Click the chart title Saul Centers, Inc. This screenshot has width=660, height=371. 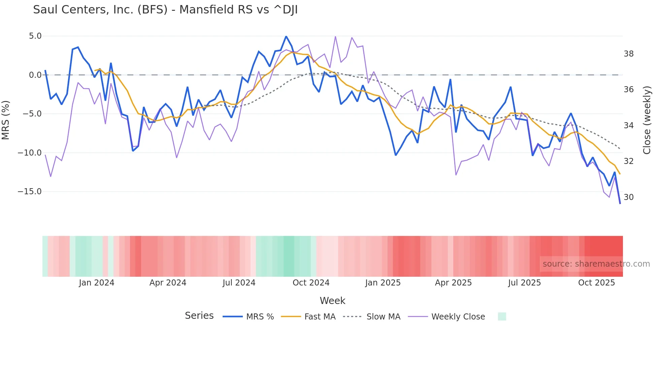165,10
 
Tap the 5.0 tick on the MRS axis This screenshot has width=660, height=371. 35,36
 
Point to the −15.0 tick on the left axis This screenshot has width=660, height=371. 30,192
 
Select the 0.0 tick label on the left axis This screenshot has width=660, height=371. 35,75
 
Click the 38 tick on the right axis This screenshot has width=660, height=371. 628,54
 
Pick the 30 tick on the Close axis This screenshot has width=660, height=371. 628,197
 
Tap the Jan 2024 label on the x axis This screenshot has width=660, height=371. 97,283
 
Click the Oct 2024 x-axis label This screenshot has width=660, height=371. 311,283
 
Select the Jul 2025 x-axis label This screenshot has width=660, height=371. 524,283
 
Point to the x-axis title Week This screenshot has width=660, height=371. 332,301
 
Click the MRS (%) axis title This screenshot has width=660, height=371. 6,120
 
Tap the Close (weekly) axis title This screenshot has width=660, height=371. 647,120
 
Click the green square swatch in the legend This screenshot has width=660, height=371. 502,316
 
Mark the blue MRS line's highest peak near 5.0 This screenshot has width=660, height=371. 286,36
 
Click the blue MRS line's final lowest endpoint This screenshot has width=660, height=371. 620,203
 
